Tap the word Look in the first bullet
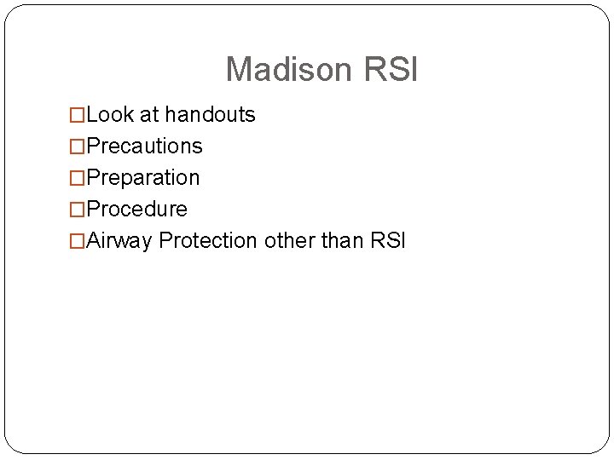click(x=109, y=115)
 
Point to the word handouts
click(x=210, y=115)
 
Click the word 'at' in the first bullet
click(x=148, y=115)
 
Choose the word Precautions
click(x=144, y=147)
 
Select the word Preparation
click(x=142, y=178)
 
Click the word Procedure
click(x=136, y=210)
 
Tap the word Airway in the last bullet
click(x=120, y=241)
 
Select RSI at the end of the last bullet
click(x=389, y=241)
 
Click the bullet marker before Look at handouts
click(x=78, y=116)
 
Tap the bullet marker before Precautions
click(x=78, y=147)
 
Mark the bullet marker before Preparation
click(x=78, y=179)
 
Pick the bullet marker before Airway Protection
click(x=78, y=242)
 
